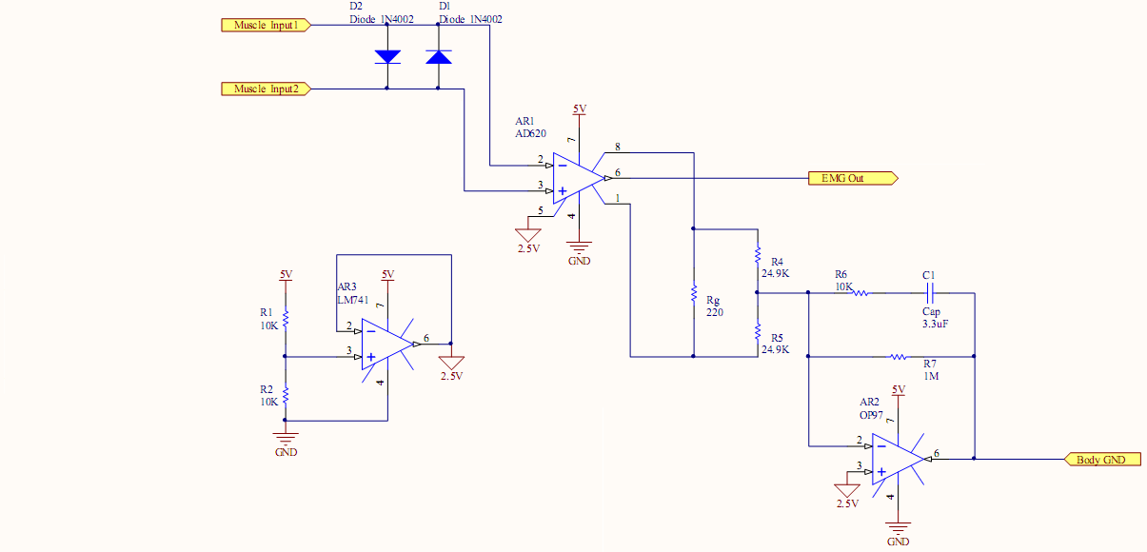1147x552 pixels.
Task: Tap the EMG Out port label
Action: point(846,178)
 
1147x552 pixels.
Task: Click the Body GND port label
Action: point(1101,460)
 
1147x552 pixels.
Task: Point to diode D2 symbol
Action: point(387,56)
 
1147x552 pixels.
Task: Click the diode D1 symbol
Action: point(439,56)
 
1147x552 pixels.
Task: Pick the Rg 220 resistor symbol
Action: point(694,293)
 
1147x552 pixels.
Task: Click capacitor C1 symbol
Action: point(931,293)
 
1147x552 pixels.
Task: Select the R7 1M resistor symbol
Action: point(900,357)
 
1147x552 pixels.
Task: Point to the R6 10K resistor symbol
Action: point(859,293)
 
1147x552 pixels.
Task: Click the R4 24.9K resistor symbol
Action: point(758,256)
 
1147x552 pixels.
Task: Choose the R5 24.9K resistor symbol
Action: point(758,332)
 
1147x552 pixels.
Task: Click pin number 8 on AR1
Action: point(617,148)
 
